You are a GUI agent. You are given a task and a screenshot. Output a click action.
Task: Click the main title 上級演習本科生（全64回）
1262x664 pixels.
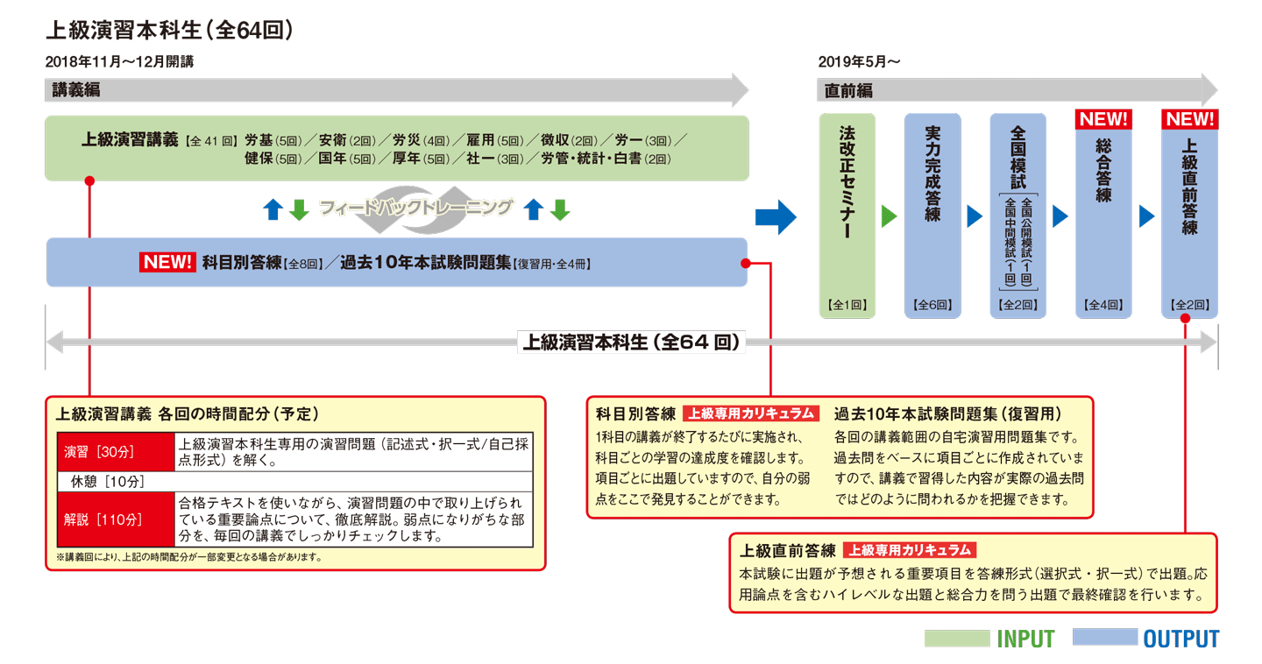[x=168, y=31]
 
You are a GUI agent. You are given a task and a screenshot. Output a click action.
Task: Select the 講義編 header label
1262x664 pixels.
[x=75, y=90]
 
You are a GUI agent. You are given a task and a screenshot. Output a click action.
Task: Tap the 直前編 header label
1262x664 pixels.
[x=847, y=90]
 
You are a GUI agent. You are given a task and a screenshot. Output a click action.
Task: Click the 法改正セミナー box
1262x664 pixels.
[x=847, y=215]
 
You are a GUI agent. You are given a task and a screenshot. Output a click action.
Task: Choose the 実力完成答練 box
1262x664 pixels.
[x=932, y=215]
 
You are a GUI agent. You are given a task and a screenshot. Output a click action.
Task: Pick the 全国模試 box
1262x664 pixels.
[x=1017, y=215]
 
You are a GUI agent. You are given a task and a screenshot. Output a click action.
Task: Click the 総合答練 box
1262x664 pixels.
[x=1103, y=215]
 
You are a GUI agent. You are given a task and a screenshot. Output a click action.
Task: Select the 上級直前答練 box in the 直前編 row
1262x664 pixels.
[x=1189, y=215]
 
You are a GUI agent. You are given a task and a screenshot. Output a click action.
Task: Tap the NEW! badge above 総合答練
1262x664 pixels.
[x=1103, y=119]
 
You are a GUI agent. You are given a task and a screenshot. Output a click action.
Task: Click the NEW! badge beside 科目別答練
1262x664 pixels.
[x=167, y=262]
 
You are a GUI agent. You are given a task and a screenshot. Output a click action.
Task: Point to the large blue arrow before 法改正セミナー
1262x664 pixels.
[x=776, y=216]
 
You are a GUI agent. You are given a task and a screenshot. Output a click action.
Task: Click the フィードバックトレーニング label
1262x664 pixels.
[x=415, y=208]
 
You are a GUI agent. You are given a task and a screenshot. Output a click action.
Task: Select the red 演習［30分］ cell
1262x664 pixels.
[x=116, y=452]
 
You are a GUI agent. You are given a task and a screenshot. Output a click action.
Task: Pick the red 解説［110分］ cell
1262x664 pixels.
[x=116, y=519]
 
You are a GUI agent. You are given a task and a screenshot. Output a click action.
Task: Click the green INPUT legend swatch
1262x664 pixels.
[x=956, y=639]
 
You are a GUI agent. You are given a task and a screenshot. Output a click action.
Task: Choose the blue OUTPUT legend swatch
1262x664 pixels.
[x=1104, y=639]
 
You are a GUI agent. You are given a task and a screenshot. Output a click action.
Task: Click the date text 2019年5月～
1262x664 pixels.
[x=859, y=62]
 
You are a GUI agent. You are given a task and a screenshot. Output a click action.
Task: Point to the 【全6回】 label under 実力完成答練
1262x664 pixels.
[x=932, y=306]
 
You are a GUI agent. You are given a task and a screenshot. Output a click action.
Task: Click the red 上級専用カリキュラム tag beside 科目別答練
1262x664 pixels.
[x=751, y=413]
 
